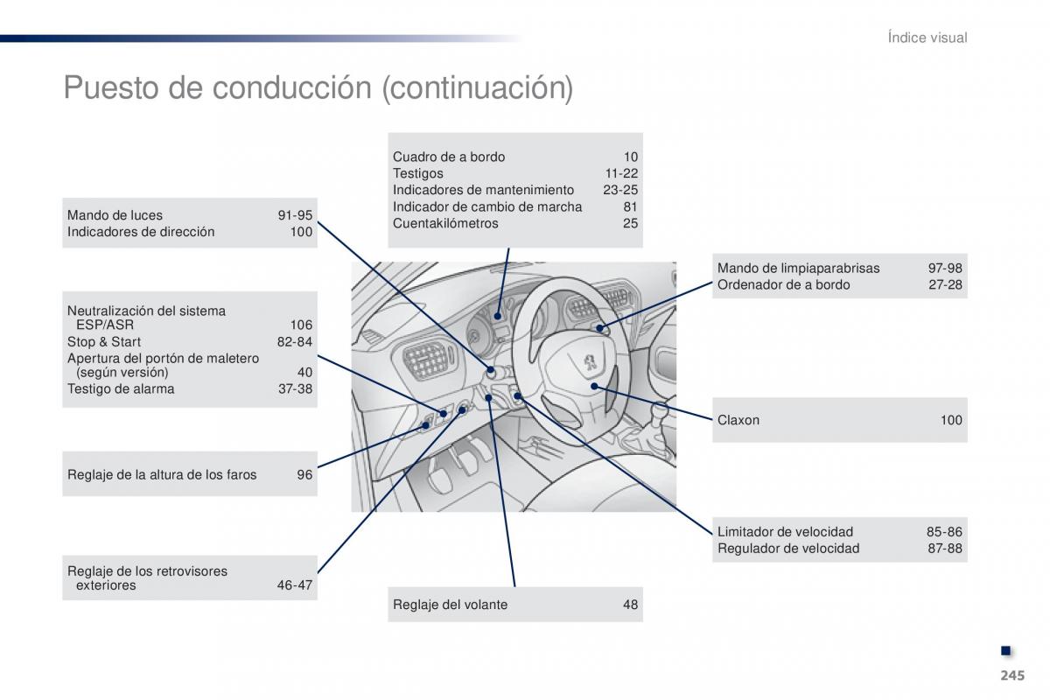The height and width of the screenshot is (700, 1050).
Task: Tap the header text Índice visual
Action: pos(927,38)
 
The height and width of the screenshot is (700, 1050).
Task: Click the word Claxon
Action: pos(738,420)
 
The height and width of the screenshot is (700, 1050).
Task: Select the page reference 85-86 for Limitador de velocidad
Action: pos(944,532)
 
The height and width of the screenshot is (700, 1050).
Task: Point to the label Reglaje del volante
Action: pos(450,605)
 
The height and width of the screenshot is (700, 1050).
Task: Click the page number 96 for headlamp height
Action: pos(304,475)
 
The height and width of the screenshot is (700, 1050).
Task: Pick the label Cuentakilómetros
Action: pos(445,223)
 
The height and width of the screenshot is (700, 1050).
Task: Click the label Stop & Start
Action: pos(104,342)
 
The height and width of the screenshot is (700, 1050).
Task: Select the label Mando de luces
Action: pos(115,215)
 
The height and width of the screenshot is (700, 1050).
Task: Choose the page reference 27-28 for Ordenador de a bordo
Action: pos(945,285)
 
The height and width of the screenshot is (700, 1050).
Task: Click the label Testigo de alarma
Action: pos(121,389)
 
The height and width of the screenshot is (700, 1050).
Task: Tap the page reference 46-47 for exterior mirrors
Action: pos(294,585)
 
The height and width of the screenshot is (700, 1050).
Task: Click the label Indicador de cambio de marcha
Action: pos(487,206)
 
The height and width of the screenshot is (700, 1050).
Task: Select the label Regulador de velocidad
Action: pos(788,549)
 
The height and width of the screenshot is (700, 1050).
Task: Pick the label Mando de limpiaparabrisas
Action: pos(799,269)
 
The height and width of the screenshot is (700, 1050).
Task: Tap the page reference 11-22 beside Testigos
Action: pos(621,173)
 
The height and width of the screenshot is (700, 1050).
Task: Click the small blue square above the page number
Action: pos(1006,650)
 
